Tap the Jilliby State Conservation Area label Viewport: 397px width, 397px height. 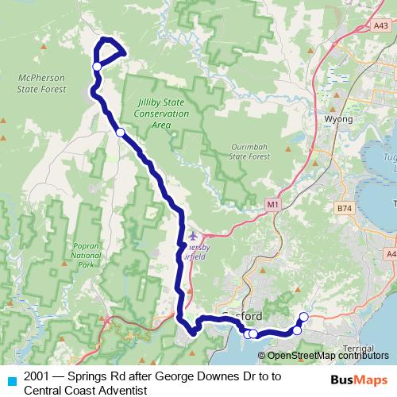coord(161,114)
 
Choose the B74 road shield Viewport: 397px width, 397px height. coord(344,208)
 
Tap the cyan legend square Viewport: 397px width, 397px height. coord(11,380)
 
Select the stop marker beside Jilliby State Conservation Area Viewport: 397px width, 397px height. coord(120,133)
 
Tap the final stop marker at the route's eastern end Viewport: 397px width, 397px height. coord(303,318)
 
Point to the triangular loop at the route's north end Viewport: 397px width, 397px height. coord(110,54)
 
